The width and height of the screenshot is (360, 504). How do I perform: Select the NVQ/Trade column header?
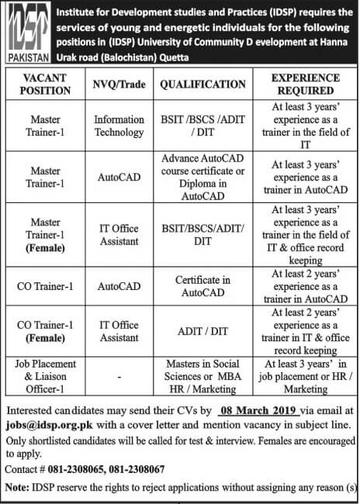click(119, 84)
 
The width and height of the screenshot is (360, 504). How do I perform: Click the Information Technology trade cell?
click(119, 126)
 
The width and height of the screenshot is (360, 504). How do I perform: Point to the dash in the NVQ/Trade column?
click(119, 377)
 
